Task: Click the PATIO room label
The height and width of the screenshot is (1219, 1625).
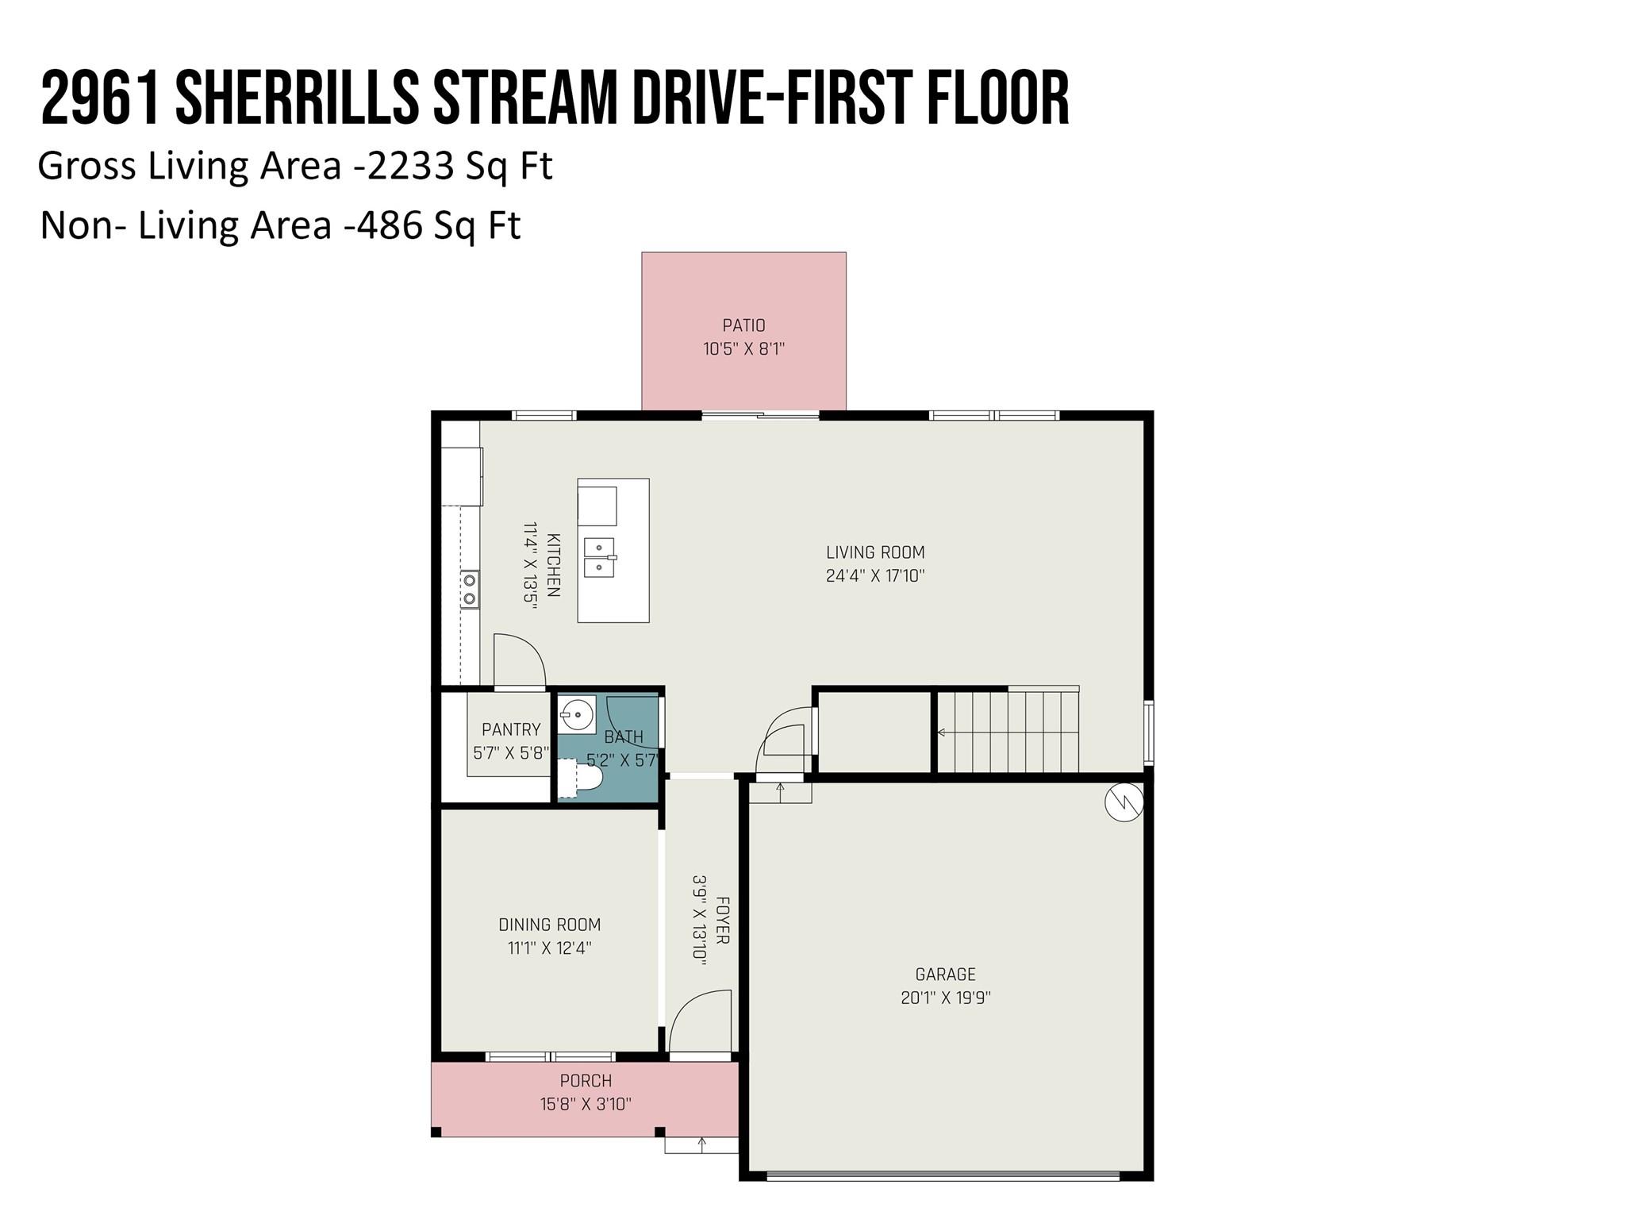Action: [x=743, y=325]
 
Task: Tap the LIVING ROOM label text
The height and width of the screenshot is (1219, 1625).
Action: [x=875, y=552]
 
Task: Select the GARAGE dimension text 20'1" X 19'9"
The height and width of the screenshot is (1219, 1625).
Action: [x=946, y=998]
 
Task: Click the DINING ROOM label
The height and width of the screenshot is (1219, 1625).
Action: [x=549, y=925]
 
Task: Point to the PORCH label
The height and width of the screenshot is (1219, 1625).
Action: [x=586, y=1081]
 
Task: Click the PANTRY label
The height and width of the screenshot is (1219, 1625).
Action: [x=511, y=729]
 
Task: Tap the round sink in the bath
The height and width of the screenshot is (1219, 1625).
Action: [x=577, y=714]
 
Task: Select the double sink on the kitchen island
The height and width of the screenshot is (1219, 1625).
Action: [x=600, y=557]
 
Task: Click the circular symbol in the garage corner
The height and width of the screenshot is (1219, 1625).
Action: [x=1124, y=803]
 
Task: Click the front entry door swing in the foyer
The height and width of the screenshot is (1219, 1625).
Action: [x=701, y=1022]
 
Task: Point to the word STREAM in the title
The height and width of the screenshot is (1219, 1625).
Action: [x=524, y=98]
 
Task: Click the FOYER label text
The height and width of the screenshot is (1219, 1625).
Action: [x=722, y=921]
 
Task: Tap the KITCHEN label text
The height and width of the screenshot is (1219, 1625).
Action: [x=553, y=565]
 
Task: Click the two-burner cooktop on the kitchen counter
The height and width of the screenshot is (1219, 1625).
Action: [x=470, y=590]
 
